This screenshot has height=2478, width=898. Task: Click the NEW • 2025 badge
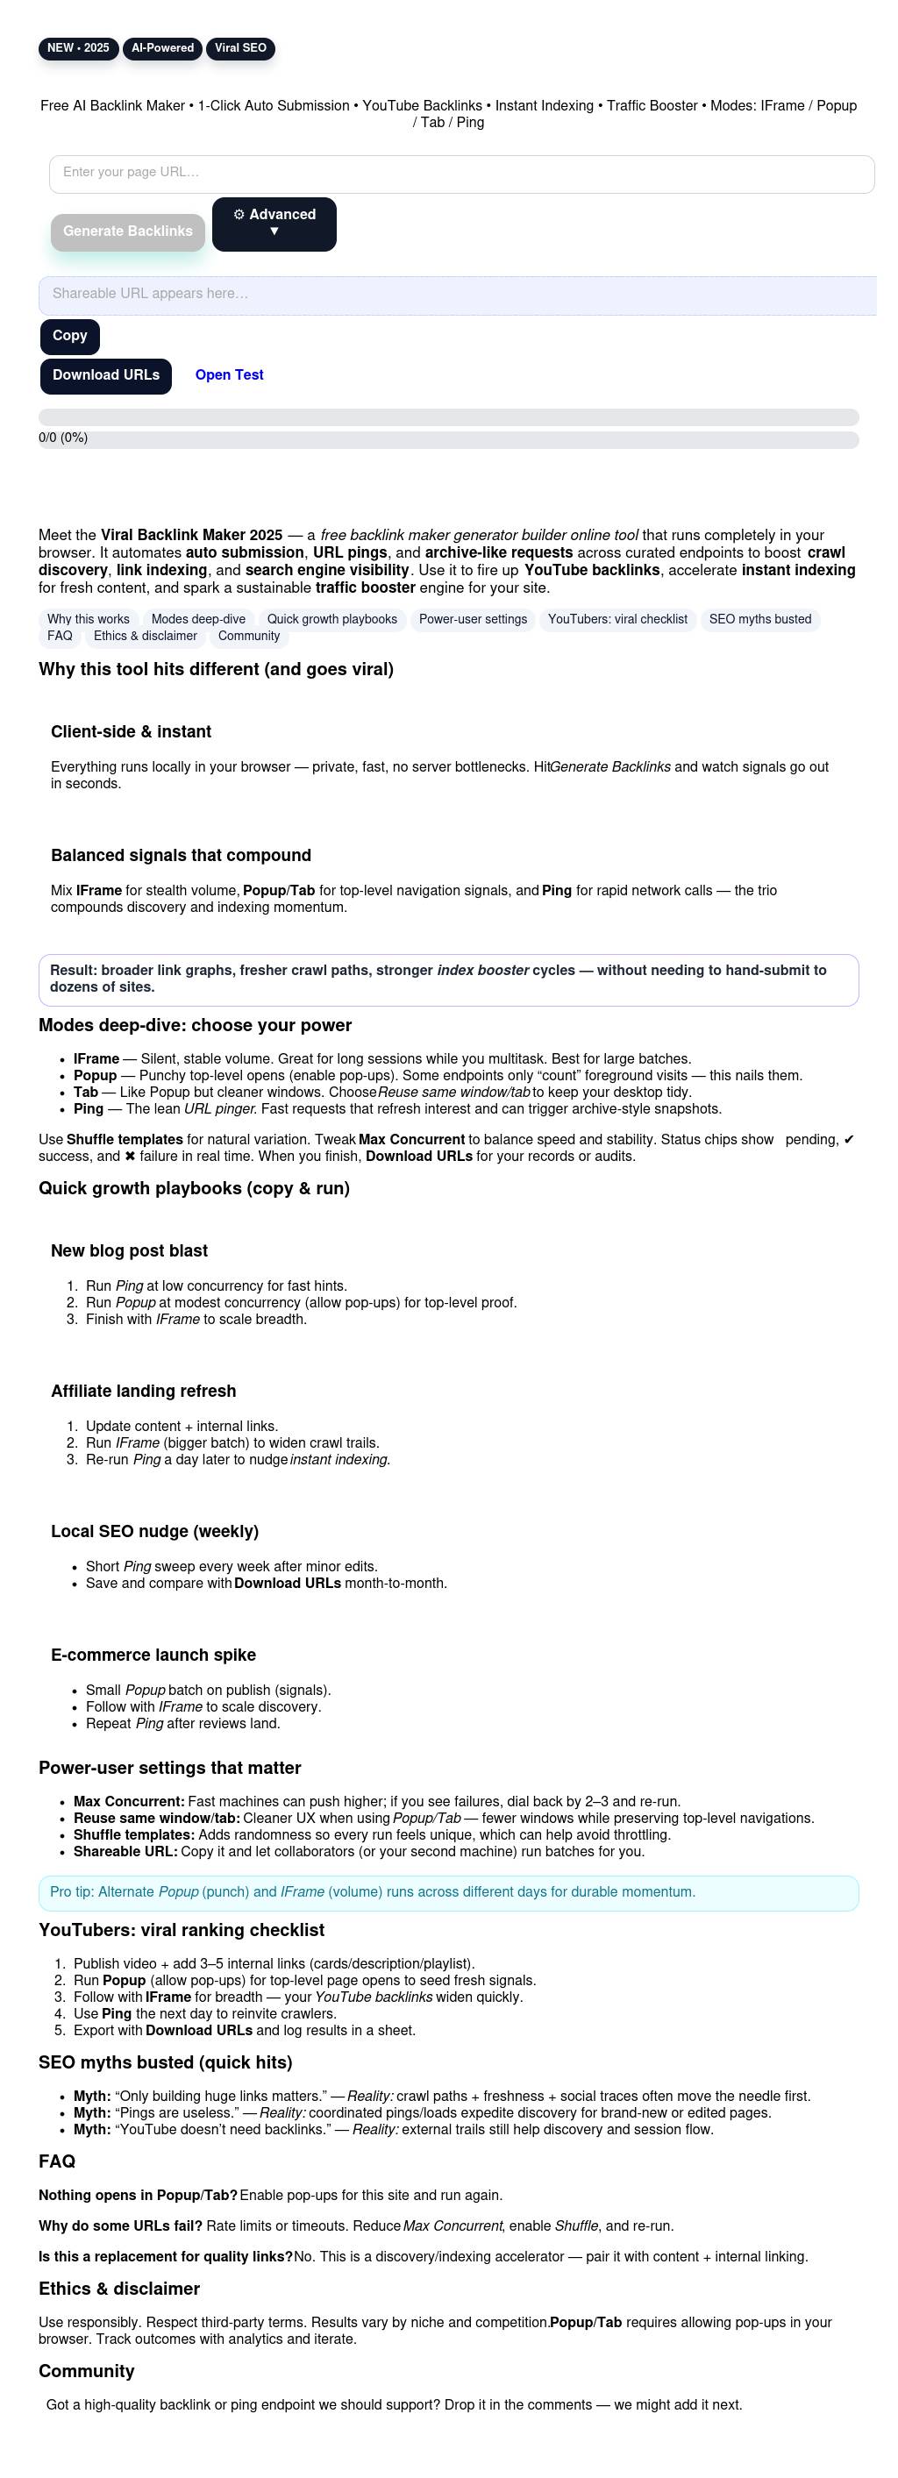point(78,48)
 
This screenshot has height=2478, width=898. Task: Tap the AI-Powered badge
point(162,48)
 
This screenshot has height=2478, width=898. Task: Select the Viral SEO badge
point(240,48)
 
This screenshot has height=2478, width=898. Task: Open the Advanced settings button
point(274,224)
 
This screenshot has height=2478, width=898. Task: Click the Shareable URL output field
point(457,295)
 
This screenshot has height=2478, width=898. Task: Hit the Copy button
point(69,336)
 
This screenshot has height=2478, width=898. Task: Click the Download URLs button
point(106,375)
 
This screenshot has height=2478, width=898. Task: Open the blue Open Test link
point(229,375)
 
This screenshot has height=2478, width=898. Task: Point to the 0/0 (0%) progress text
point(62,438)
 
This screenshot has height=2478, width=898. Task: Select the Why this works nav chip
point(89,619)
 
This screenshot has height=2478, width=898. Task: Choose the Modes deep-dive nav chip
point(198,619)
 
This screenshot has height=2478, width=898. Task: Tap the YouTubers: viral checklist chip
point(618,619)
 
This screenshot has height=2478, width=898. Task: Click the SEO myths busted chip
point(760,619)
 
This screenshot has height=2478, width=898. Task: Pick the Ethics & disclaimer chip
point(146,636)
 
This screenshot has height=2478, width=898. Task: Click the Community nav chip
point(249,636)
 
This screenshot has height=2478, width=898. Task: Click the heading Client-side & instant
point(131,732)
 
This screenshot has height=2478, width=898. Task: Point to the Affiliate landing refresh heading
point(144,1391)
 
